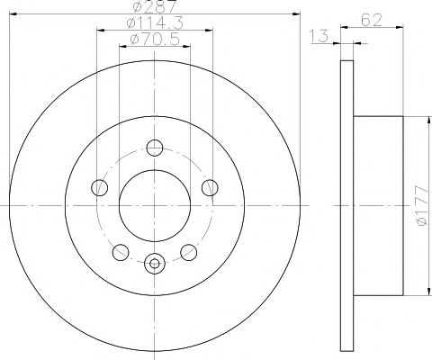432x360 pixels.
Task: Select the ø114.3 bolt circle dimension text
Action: coord(154,24)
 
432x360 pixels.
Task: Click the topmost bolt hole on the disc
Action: coord(154,148)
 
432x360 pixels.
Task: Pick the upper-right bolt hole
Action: coord(211,187)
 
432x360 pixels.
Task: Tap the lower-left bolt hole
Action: coord(120,251)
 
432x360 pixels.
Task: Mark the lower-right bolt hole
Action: coord(189,251)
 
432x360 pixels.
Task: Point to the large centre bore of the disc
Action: coord(154,206)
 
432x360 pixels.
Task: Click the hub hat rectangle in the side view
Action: coord(375,209)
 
